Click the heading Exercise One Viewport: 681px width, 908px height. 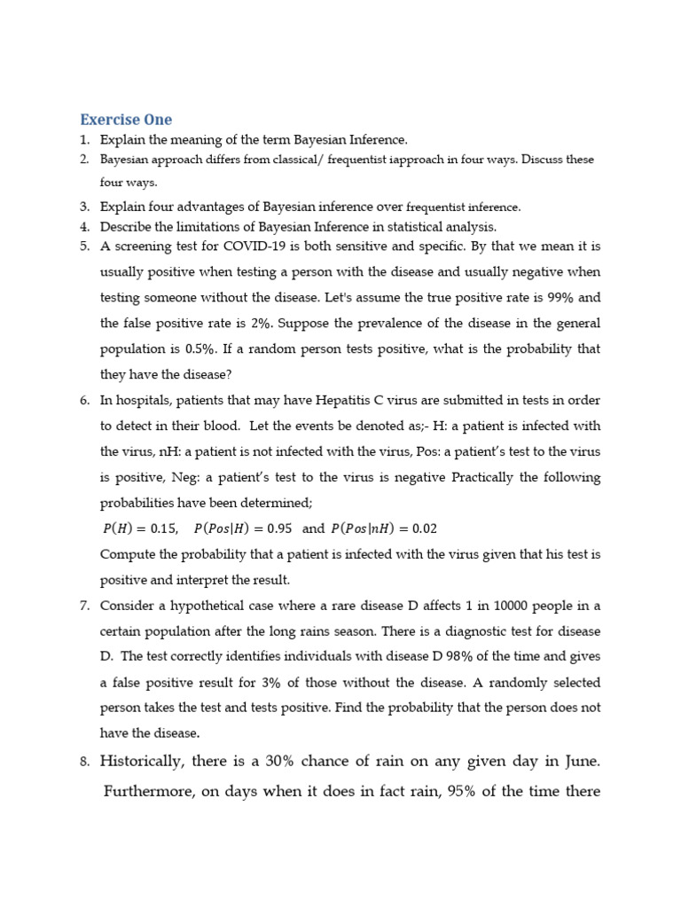coord(126,120)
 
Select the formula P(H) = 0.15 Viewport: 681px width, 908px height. coord(140,528)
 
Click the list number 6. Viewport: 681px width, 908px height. coord(84,400)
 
